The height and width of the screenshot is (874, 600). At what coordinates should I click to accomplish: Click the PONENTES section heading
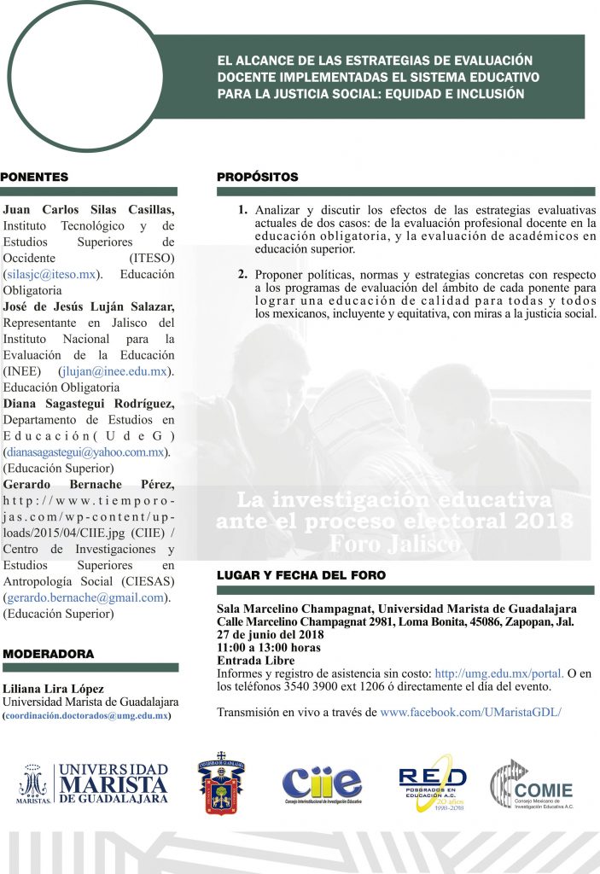click(35, 178)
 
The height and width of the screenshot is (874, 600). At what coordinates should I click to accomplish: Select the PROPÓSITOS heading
click(258, 178)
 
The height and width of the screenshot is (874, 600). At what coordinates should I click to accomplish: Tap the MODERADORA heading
click(49, 654)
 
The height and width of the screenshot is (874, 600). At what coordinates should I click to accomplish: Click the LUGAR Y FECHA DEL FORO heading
click(301, 575)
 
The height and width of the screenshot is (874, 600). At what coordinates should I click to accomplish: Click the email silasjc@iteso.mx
click(50, 275)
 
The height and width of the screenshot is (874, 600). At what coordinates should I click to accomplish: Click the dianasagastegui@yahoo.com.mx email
click(85, 452)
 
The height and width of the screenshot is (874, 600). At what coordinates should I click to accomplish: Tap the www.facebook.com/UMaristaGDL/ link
click(470, 711)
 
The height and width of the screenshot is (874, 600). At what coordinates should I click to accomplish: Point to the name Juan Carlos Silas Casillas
click(89, 210)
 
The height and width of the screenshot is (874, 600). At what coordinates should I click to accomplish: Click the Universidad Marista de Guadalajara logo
click(93, 784)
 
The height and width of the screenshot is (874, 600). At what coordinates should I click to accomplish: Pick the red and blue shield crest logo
click(222, 782)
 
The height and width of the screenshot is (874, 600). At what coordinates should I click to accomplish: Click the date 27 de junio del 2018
click(271, 634)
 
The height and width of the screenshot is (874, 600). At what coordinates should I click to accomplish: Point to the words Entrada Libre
click(255, 660)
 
